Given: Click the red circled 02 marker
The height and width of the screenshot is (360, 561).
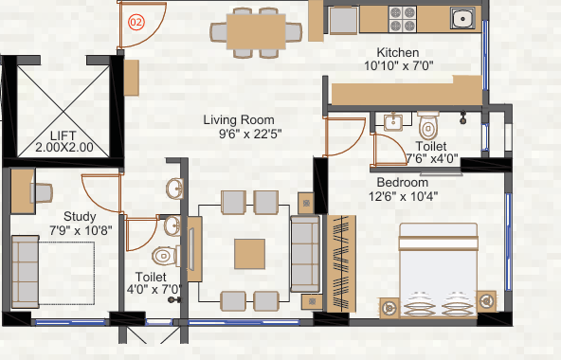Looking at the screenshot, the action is click(136, 22).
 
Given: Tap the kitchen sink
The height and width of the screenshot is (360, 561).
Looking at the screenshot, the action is click(462, 18).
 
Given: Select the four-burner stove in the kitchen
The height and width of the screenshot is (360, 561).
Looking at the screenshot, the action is click(403, 19).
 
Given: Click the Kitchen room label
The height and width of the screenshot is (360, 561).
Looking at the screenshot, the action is click(398, 53).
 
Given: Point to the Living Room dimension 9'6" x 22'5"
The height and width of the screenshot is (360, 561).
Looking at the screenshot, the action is click(250, 134).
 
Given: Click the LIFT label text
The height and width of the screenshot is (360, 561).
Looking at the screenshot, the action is click(63, 135).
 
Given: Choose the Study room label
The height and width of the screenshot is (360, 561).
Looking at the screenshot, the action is click(80, 217).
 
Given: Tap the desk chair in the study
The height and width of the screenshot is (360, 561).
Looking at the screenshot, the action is click(43, 193).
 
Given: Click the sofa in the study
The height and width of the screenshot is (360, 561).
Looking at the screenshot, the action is click(25, 272).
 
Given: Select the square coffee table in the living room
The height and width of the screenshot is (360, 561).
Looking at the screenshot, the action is click(250, 254).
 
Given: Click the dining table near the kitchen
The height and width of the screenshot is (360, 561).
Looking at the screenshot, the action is click(256, 31).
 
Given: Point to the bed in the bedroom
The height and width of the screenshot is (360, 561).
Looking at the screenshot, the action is click(439, 270).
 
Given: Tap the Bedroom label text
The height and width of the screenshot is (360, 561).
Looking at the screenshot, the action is click(403, 183).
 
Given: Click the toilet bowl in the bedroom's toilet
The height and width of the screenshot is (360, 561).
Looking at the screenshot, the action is click(428, 126).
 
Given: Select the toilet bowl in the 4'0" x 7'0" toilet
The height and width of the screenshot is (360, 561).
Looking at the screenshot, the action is click(165, 256).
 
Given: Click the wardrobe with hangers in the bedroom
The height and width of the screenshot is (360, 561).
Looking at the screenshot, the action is click(341, 263).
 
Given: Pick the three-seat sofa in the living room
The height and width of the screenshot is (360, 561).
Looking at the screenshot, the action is click(305, 254).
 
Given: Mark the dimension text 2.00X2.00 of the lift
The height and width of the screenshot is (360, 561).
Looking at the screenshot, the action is click(64, 147).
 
